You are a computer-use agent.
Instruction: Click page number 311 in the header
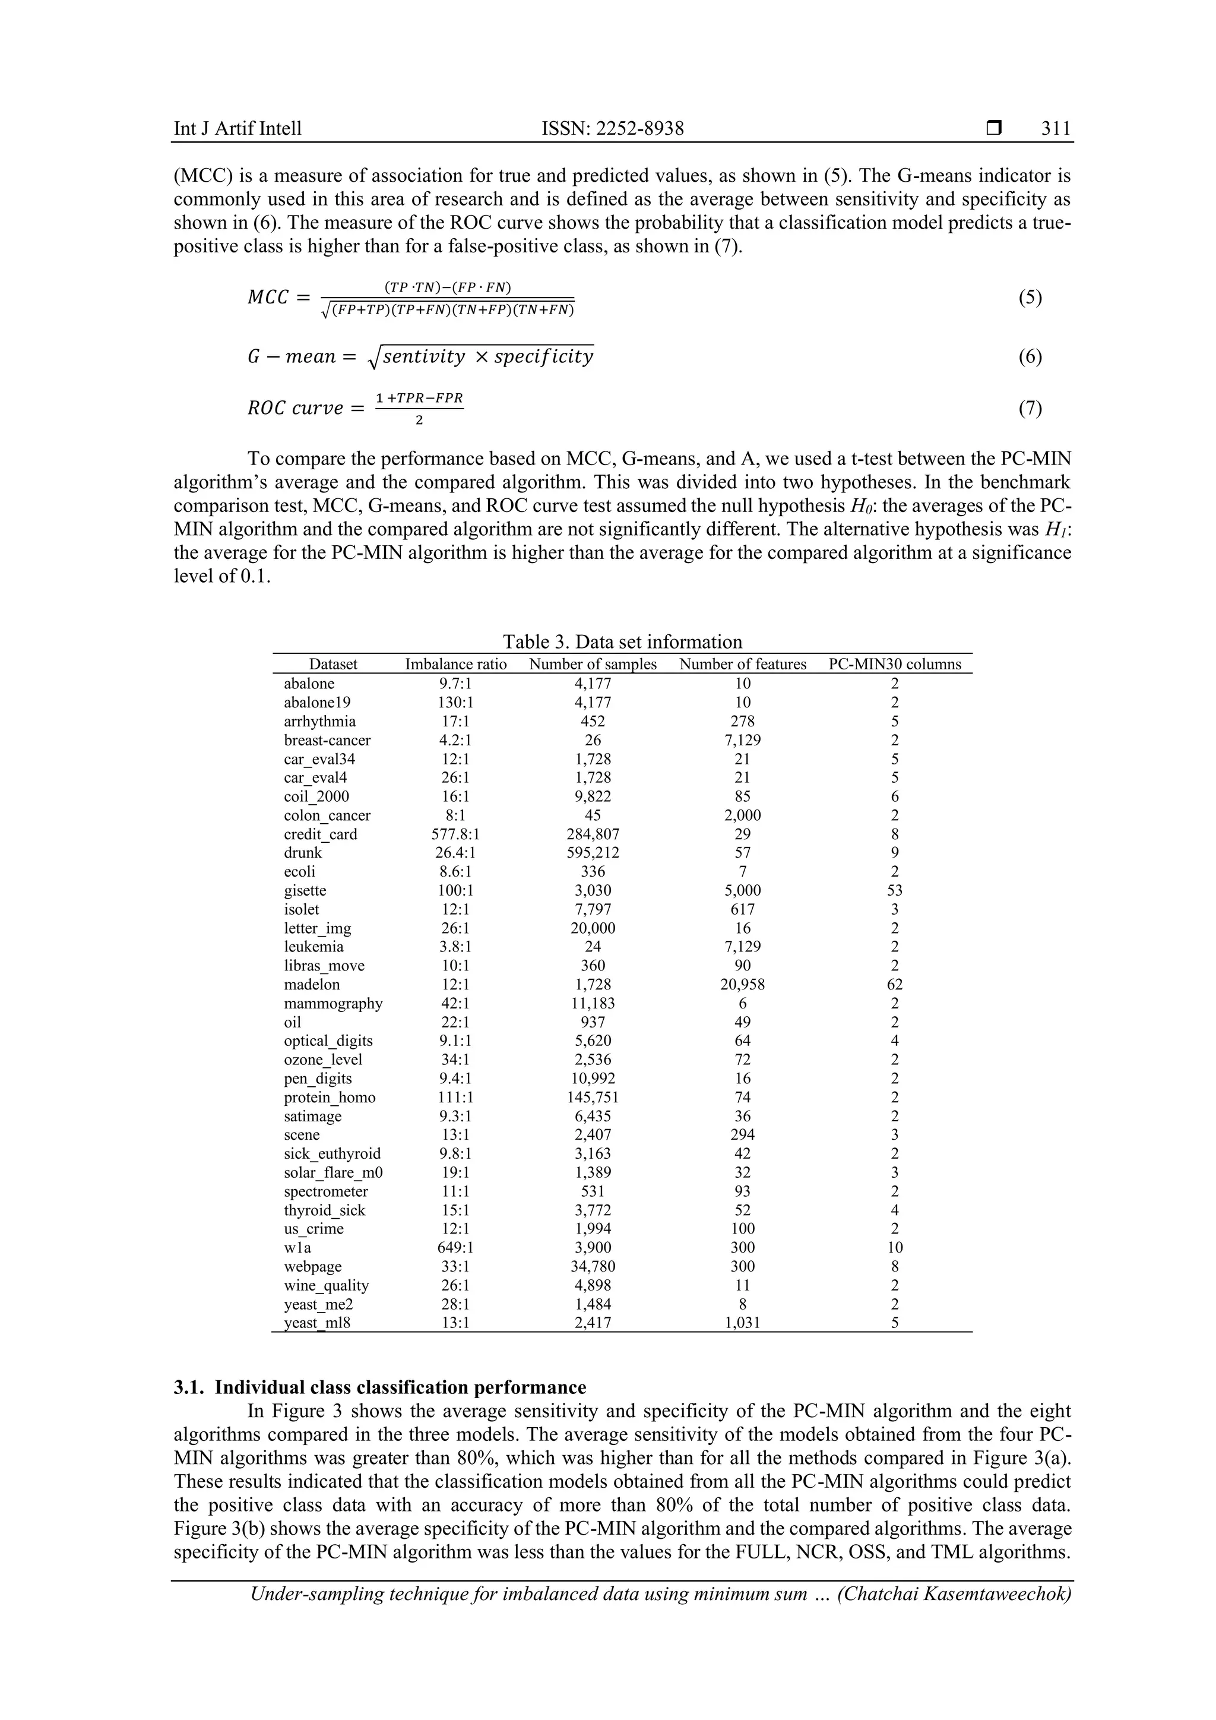[1056, 129]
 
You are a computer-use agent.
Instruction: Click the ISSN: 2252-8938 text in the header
[613, 129]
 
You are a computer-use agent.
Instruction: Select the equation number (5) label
[1030, 298]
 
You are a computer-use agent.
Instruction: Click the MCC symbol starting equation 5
[268, 298]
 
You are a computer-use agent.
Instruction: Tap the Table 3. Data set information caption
[622, 642]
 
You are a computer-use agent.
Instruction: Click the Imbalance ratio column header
[455, 665]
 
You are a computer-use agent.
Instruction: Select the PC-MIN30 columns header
[894, 665]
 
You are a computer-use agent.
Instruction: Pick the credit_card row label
[321, 834]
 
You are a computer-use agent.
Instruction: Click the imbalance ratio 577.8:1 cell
[455, 834]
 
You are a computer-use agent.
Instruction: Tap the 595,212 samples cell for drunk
[593, 852]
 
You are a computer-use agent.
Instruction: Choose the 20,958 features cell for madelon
[742, 984]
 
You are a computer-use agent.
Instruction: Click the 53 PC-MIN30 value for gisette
[894, 891]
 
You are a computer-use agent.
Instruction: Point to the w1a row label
[297, 1247]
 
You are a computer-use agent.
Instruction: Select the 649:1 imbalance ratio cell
[455, 1247]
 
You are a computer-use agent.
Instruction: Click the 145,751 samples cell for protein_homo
[593, 1098]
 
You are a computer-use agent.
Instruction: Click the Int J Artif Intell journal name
[237, 129]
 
